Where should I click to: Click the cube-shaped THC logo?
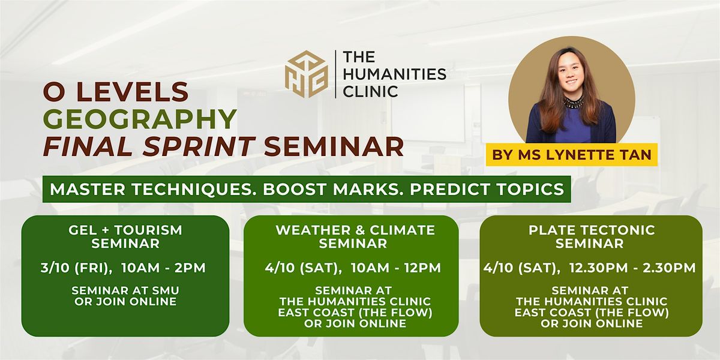307,74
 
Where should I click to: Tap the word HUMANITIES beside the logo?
395,74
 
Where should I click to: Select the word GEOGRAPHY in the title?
140,119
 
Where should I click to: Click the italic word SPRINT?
199,146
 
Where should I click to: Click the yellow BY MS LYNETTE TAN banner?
571,155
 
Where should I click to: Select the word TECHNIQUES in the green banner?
192,190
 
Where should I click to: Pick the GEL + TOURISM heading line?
125,230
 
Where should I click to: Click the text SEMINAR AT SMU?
125,290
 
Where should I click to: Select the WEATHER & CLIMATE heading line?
355,230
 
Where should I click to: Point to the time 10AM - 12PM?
396,268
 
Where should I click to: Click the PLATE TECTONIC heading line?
592,230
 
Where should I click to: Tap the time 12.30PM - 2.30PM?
632,268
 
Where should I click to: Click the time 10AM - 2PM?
164,268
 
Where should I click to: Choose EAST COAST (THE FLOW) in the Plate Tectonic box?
592,313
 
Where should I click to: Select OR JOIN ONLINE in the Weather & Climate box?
355,323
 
